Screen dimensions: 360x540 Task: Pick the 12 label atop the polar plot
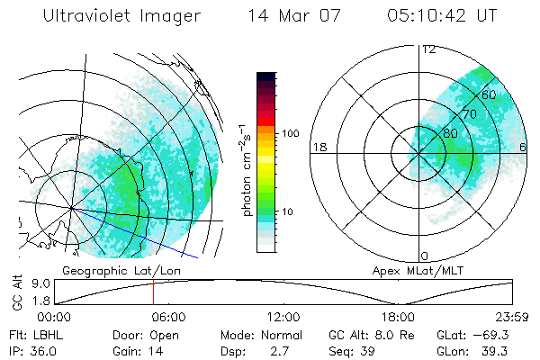(x=428, y=49)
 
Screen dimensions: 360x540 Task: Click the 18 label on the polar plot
(x=318, y=147)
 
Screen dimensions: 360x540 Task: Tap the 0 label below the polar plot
(x=425, y=256)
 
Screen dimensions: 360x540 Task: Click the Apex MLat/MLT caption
(x=409, y=270)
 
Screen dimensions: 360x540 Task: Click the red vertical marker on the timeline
(x=153, y=292)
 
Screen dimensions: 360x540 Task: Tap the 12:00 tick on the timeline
(x=283, y=317)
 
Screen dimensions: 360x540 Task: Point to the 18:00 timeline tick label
(x=398, y=317)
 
